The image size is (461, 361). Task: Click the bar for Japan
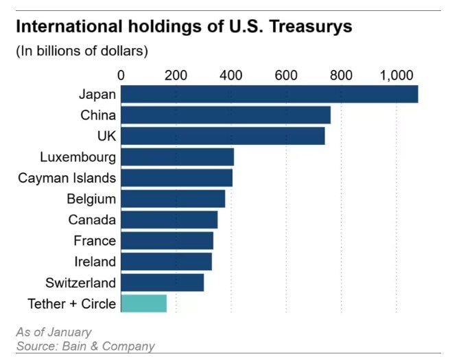pyautogui.click(x=269, y=94)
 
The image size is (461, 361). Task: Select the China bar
pyautogui.click(x=226, y=115)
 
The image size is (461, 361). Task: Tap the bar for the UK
pyautogui.click(x=223, y=136)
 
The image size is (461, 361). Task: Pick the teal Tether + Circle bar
pyautogui.click(x=144, y=303)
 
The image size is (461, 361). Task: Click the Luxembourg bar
pyautogui.click(x=178, y=156)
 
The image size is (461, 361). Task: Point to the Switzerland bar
pyautogui.click(x=163, y=282)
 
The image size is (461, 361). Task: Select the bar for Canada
pyautogui.click(x=169, y=220)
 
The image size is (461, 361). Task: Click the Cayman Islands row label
pyautogui.click(x=67, y=178)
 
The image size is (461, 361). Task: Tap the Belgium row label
pyautogui.click(x=91, y=199)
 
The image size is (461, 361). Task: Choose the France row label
pyautogui.click(x=95, y=241)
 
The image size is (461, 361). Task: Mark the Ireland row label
pyautogui.click(x=95, y=261)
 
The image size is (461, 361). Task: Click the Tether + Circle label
pyautogui.click(x=71, y=303)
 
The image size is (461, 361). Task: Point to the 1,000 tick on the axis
pyautogui.click(x=395, y=75)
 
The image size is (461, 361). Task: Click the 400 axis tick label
pyautogui.click(x=231, y=75)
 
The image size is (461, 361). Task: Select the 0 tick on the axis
pyautogui.click(x=121, y=75)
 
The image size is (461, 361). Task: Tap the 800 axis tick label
pyautogui.click(x=341, y=75)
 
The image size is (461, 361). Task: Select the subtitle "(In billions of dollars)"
pyautogui.click(x=82, y=51)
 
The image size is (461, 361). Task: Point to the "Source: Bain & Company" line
pyautogui.click(x=85, y=346)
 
